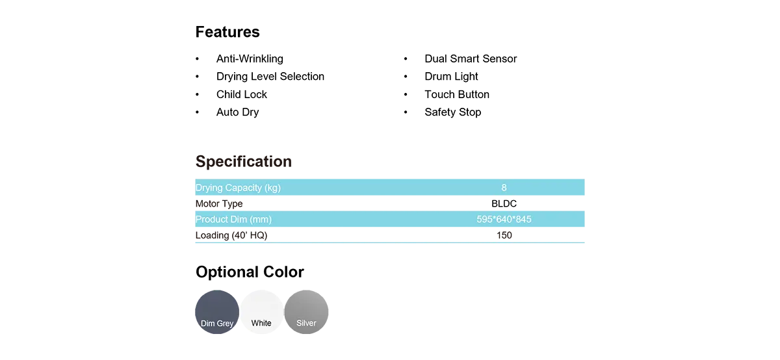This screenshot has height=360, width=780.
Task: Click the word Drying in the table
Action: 209,188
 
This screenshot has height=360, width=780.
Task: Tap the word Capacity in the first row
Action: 243,188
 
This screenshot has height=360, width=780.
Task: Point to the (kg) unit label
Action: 273,188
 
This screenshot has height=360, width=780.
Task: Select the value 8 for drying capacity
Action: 504,188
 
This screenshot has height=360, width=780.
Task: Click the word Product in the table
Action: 212,220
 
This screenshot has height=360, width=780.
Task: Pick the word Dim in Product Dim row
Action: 239,220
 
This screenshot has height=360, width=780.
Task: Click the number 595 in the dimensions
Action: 484,220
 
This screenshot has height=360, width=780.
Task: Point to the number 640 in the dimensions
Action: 504,220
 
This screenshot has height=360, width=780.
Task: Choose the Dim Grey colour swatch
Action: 217,311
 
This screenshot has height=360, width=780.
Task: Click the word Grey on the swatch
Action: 225,324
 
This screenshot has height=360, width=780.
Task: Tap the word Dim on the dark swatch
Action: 208,324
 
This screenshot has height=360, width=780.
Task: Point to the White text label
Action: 261,323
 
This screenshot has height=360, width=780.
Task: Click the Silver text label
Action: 306,323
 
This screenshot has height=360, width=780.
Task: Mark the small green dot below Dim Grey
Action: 232,331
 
